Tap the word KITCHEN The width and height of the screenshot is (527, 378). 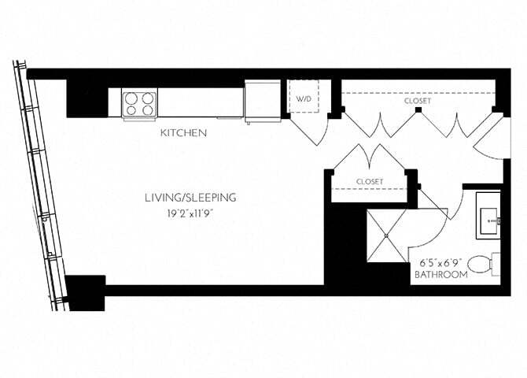pyautogui.click(x=183, y=134)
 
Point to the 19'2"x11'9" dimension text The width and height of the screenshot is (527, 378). pyautogui.click(x=190, y=213)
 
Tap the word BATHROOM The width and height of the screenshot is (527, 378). pyautogui.click(x=441, y=275)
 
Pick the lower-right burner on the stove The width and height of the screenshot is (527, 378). pyautogui.click(x=149, y=109)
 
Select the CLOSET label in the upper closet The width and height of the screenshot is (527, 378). pyautogui.click(x=418, y=102)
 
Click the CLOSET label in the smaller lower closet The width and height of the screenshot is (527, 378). pyautogui.click(x=369, y=182)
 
